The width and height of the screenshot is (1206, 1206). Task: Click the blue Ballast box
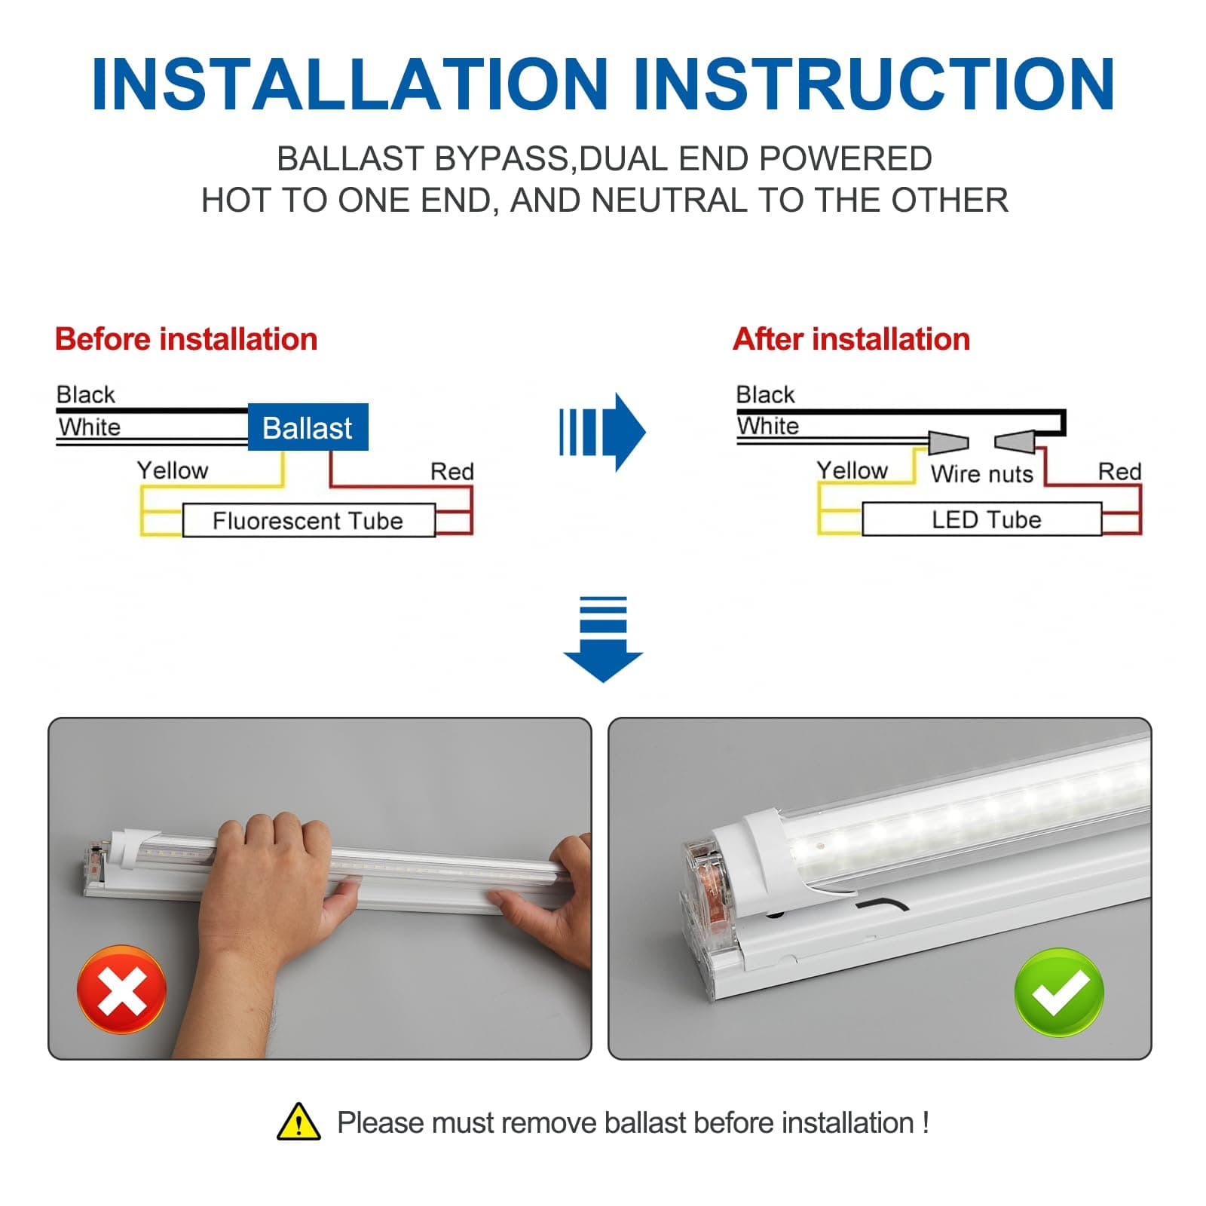(308, 427)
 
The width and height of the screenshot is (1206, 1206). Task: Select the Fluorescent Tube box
(308, 521)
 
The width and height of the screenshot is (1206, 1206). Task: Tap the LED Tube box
(982, 520)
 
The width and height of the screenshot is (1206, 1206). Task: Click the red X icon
(121, 989)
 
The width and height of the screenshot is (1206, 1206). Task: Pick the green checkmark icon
(1059, 992)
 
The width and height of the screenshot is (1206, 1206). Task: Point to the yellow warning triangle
(298, 1123)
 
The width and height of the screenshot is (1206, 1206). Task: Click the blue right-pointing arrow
(603, 432)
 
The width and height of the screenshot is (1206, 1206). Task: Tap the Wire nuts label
(981, 474)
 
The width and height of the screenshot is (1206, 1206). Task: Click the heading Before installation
(186, 339)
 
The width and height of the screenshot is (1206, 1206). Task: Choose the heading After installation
(851, 339)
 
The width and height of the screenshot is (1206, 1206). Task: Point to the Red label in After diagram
(1119, 472)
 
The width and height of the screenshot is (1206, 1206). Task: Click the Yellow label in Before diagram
(172, 470)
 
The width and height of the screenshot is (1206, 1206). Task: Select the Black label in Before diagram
(85, 394)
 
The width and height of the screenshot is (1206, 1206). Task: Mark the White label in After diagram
(767, 426)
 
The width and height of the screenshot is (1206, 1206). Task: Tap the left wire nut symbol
(947, 442)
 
